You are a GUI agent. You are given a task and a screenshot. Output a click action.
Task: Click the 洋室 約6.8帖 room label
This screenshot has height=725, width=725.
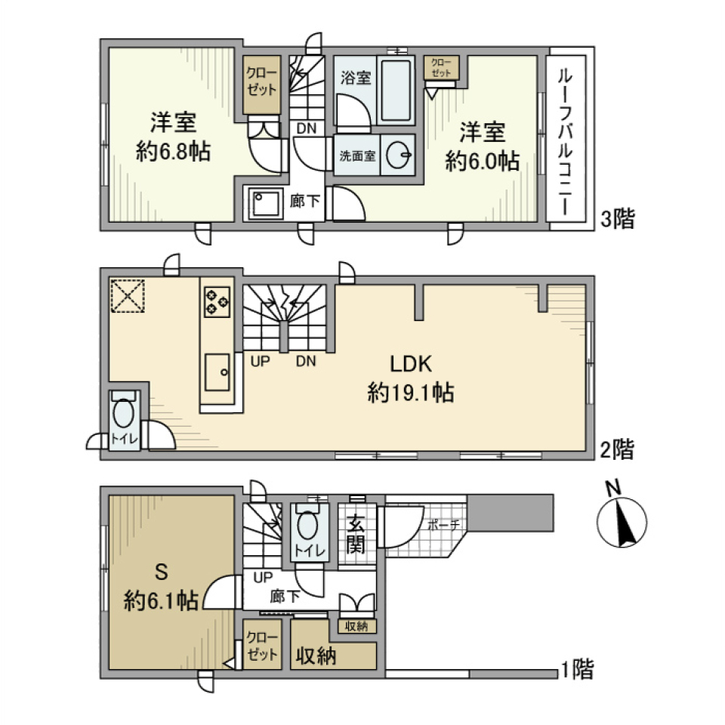173,137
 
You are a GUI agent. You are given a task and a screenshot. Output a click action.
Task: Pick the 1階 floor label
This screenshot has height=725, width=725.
575,668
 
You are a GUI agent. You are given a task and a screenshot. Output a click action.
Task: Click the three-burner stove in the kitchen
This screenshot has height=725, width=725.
217,301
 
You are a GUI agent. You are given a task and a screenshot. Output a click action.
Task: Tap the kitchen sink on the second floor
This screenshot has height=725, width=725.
217,371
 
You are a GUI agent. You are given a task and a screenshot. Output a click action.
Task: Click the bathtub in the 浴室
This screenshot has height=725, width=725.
395,91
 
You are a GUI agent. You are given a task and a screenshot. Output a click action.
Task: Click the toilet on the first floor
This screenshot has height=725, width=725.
307,526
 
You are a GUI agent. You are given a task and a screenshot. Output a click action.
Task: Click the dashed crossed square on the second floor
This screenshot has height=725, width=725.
126,295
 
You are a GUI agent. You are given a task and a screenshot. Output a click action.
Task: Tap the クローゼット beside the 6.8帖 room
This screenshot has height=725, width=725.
261,83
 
